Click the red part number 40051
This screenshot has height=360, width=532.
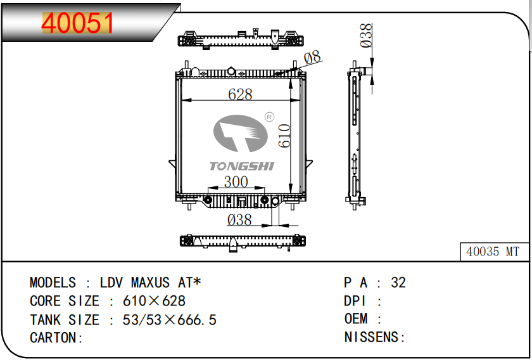click(x=78, y=24)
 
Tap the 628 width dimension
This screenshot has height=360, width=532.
click(x=240, y=94)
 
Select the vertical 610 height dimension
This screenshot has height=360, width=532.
click(x=284, y=136)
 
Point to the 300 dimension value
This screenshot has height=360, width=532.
click(x=236, y=182)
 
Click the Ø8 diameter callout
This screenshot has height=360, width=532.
click(x=312, y=58)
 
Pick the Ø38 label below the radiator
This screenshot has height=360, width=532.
click(x=239, y=220)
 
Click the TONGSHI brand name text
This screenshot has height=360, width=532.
click(x=241, y=166)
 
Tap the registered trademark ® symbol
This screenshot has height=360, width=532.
click(x=268, y=117)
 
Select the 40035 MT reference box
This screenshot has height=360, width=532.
click(x=492, y=252)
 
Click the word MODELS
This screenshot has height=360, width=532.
click(x=53, y=283)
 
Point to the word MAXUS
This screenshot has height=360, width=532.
click(x=150, y=283)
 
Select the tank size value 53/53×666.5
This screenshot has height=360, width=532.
click(x=169, y=320)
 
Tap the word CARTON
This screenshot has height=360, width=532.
click(x=54, y=338)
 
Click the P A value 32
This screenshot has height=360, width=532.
click(x=398, y=283)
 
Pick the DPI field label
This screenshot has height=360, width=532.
click(x=356, y=301)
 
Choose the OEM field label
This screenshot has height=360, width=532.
click(x=356, y=319)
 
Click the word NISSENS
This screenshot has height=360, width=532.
click(x=372, y=338)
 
